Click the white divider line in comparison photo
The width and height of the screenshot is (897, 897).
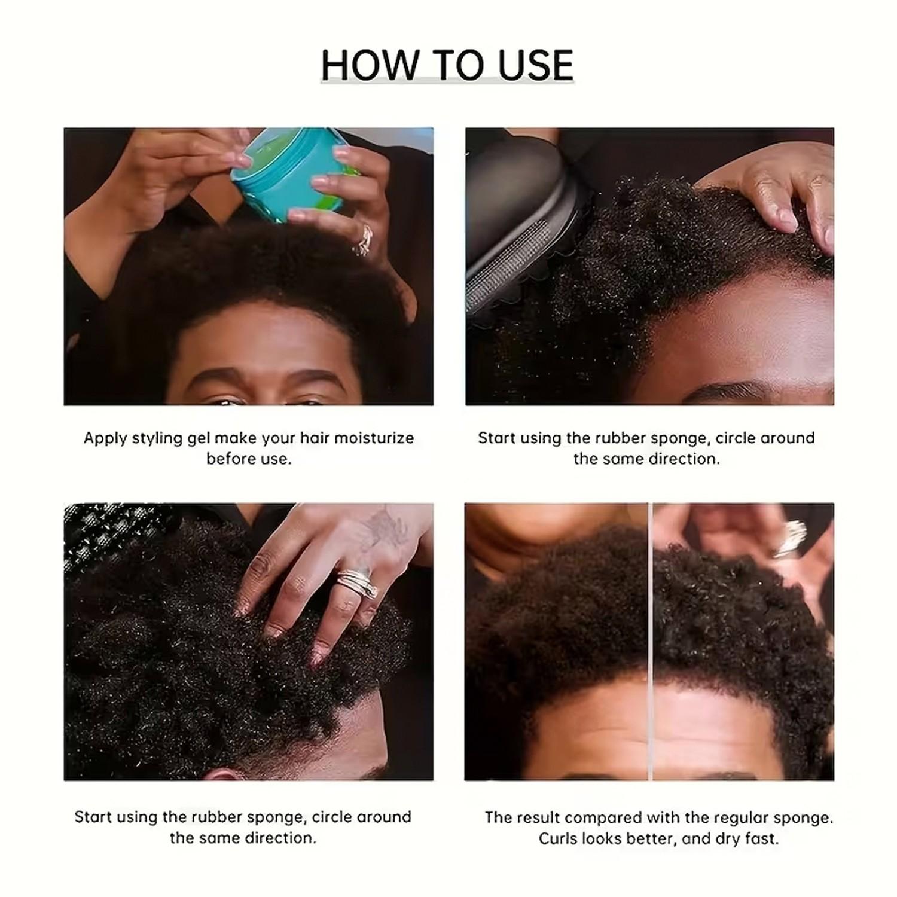[x=650, y=640]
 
